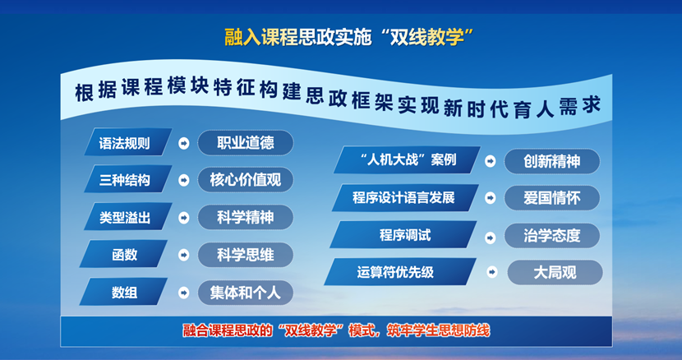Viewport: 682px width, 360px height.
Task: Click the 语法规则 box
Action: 127,142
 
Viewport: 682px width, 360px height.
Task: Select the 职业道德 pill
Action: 246,142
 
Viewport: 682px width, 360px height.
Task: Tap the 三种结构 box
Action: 127,179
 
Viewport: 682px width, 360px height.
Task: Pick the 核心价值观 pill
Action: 246,179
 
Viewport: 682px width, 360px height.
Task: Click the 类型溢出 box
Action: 127,216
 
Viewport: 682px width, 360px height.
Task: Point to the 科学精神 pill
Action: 246,217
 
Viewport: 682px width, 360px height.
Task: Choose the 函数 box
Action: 127,254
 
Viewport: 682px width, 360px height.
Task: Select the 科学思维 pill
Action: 246,254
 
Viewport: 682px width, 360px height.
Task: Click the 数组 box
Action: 127,292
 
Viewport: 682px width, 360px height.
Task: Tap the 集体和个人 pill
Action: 246,292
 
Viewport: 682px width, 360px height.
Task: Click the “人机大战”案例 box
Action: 408,160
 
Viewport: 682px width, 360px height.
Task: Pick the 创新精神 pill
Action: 552,161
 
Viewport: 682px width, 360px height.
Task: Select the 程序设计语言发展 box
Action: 404,198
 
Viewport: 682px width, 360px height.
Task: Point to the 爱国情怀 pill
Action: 552,198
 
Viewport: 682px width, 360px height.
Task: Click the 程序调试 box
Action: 404,235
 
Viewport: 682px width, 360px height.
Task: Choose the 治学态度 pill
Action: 552,235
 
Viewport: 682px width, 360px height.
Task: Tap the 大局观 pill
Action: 555,272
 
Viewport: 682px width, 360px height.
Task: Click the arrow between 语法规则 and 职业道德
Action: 184,142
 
